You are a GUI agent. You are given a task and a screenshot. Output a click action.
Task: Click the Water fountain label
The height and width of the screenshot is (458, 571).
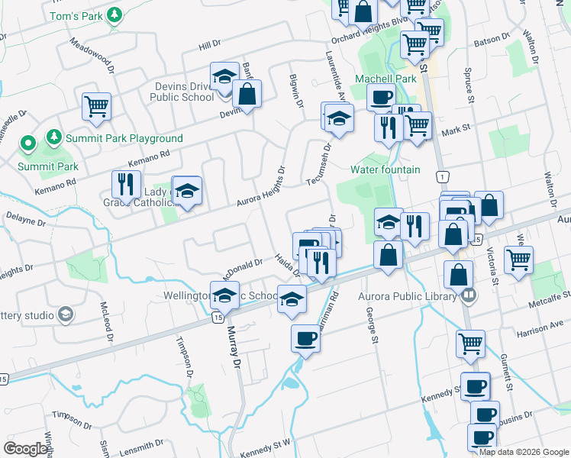point(386,169)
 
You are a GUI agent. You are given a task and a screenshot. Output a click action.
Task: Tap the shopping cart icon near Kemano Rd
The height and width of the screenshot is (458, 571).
point(96,107)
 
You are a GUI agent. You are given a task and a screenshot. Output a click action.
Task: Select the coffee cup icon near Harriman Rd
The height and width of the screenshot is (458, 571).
point(306,338)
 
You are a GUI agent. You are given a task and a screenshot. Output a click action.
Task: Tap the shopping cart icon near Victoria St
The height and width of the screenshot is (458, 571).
point(519,260)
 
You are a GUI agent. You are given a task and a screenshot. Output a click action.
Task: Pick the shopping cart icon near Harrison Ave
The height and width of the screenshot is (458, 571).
point(470,343)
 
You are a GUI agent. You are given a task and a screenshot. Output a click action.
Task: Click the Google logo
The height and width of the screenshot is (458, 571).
point(26,449)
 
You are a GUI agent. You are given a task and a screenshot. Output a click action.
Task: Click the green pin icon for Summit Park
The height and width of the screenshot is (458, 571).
point(27,143)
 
